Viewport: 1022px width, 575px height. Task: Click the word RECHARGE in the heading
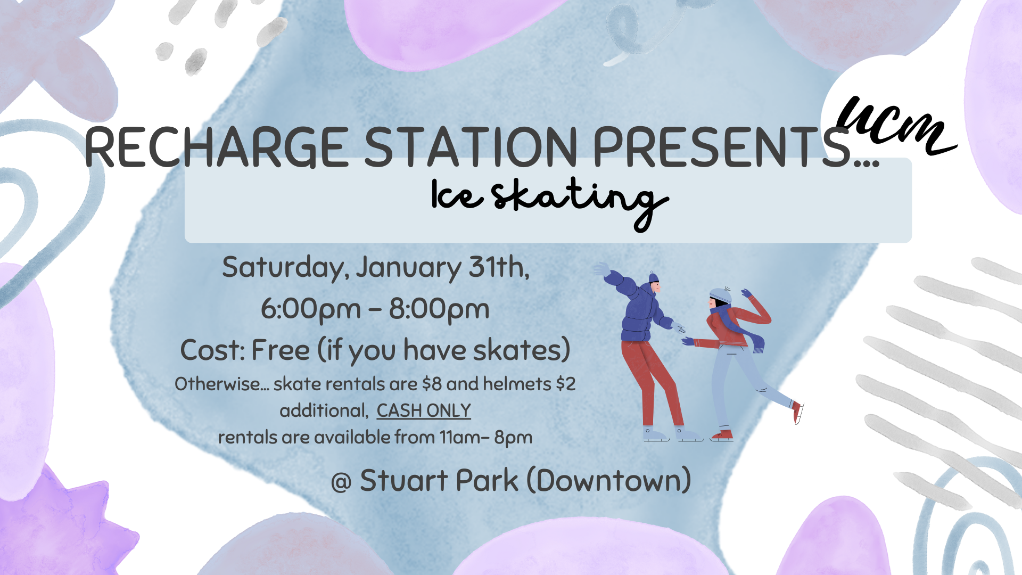pos(216,147)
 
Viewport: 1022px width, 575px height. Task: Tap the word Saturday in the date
pos(285,267)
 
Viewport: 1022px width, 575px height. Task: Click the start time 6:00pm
pos(311,309)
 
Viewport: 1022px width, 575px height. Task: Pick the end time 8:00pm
pos(439,309)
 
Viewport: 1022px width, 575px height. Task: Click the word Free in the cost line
pos(280,350)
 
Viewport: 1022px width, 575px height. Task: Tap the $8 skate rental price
pos(432,384)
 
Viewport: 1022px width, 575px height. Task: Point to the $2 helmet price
pos(565,384)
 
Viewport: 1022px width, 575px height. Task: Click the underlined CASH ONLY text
pos(424,410)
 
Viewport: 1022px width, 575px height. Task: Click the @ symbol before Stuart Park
pos(341,482)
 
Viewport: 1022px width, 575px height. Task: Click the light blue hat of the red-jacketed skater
pos(720,295)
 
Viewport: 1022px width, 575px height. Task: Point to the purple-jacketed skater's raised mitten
pos(602,269)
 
